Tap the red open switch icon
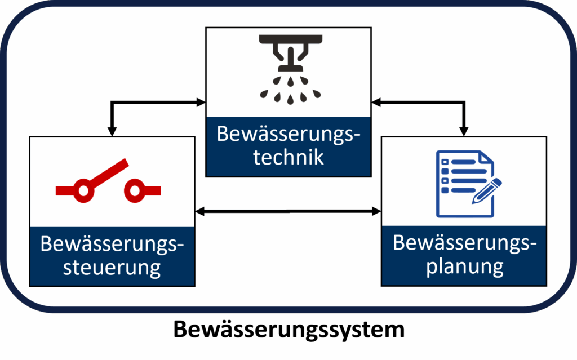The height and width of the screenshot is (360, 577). pyautogui.click(x=108, y=183)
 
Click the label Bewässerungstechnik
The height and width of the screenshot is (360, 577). pyautogui.click(x=288, y=146)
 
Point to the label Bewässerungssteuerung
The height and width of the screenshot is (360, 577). pyautogui.click(x=112, y=256)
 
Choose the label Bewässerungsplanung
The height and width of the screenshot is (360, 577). pyautogui.click(x=464, y=254)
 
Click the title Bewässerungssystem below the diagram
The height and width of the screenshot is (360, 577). pyautogui.click(x=288, y=330)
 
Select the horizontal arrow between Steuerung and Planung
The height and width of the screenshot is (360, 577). pyautogui.click(x=288, y=212)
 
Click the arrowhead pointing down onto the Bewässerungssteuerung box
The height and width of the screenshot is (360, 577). pyautogui.click(x=112, y=131)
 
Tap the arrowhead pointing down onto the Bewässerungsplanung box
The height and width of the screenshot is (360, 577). pyautogui.click(x=464, y=131)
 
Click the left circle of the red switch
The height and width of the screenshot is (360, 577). pyautogui.click(x=83, y=190)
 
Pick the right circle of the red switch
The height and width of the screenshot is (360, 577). pyautogui.click(x=135, y=190)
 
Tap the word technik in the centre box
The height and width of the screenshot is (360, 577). pyautogui.click(x=288, y=157)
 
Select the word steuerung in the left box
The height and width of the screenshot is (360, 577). pyautogui.click(x=112, y=266)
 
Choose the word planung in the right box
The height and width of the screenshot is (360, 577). pyautogui.click(x=464, y=265)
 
